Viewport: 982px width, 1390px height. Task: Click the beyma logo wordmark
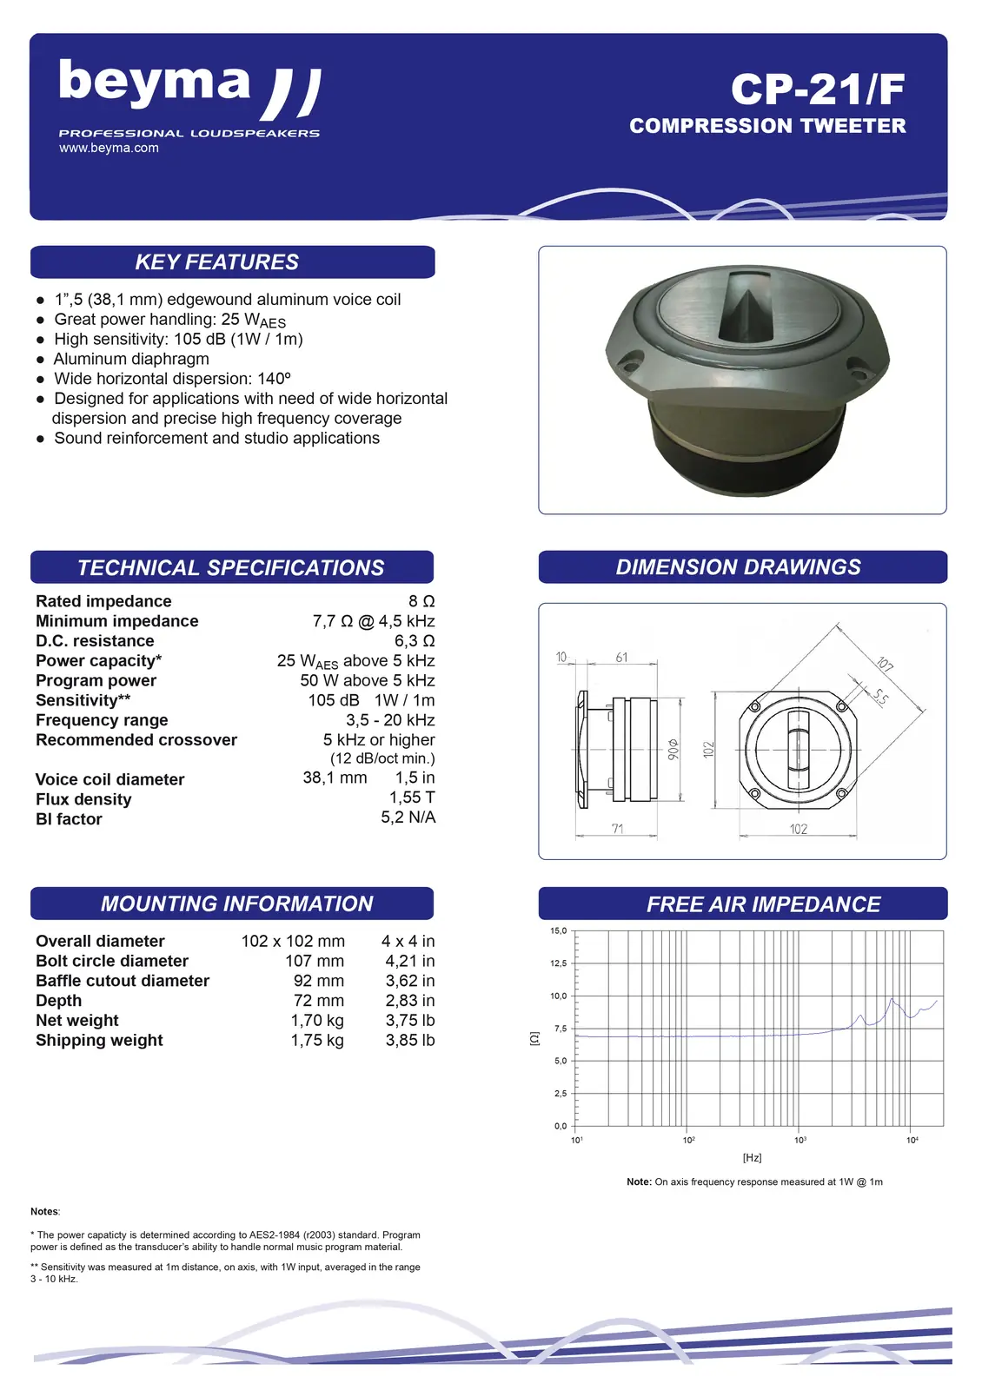(155, 83)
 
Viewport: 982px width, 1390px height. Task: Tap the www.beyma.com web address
(109, 148)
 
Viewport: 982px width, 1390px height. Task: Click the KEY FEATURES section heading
(217, 262)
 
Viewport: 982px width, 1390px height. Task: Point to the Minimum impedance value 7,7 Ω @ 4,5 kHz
(374, 621)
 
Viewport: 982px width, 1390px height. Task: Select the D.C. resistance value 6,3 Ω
(415, 641)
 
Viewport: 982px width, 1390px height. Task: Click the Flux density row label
(83, 799)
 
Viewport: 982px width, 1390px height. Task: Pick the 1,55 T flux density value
(412, 798)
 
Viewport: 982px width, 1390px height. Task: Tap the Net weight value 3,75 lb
(410, 1020)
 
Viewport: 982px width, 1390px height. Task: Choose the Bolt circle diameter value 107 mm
(315, 961)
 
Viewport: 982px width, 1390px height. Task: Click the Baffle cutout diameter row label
(123, 981)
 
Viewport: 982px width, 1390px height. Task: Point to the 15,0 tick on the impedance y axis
(558, 931)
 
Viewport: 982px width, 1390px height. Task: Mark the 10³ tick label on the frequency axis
(800, 1140)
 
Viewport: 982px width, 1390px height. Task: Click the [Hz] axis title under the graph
(753, 1158)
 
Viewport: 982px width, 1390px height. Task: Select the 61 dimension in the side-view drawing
(621, 658)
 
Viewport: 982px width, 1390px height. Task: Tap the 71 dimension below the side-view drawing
(617, 829)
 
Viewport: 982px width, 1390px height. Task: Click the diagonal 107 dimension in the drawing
(885, 665)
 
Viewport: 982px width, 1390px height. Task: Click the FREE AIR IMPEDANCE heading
(763, 904)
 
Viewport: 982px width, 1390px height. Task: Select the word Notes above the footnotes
(44, 1211)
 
